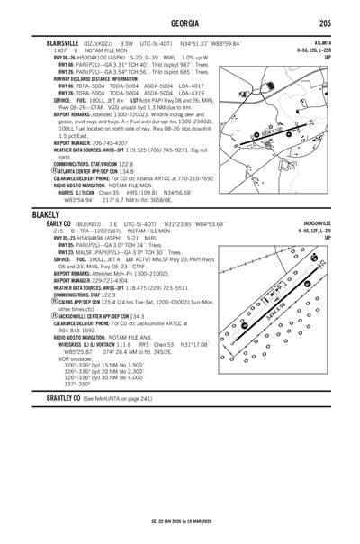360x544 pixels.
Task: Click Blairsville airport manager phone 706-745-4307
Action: (110, 142)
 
